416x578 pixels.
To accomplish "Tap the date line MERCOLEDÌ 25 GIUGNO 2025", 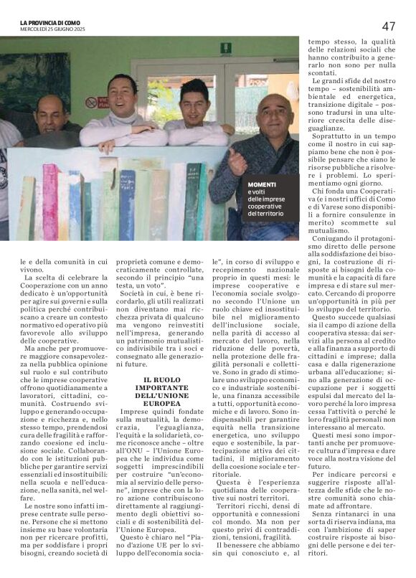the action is tap(52, 29).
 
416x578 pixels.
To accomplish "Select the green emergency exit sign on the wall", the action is tap(225, 48).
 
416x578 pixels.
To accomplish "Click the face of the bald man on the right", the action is tap(271, 113).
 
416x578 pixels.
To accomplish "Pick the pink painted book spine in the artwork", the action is tap(50, 201).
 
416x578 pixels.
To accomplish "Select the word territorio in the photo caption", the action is tap(270, 214).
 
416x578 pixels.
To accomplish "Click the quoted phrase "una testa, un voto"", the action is tap(176, 278).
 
